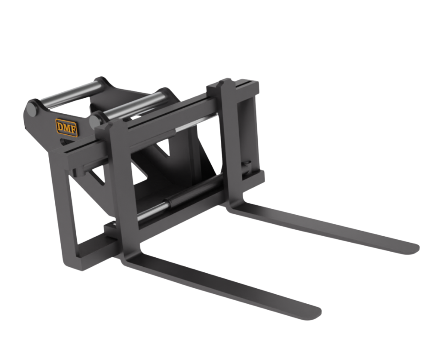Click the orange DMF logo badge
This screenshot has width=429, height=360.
[x=67, y=127]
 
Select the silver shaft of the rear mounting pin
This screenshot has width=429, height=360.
[x=71, y=93]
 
